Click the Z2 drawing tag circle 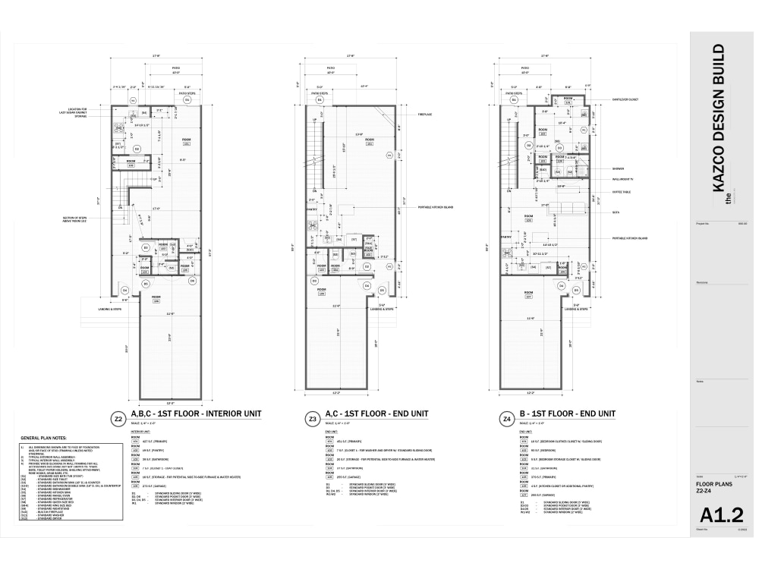tap(117, 418)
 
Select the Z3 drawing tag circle tap(312, 418)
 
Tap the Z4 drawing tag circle tap(506, 418)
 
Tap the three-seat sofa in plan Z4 tap(566, 209)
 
